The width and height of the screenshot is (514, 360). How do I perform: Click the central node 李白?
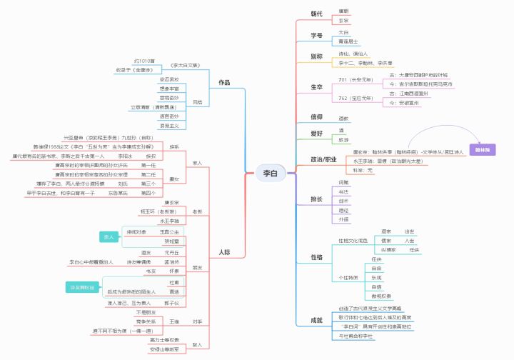click(x=270, y=172)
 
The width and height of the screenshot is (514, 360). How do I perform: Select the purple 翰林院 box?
click(x=483, y=149)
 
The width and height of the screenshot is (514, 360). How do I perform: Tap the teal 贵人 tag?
click(x=110, y=236)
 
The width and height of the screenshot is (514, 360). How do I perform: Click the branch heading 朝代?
click(x=316, y=14)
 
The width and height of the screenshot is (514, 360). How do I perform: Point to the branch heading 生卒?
click(x=316, y=86)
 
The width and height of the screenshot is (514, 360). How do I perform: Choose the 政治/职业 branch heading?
click(x=323, y=159)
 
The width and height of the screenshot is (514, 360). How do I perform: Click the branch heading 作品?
click(x=224, y=83)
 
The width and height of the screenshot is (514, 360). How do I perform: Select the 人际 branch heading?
click(x=224, y=251)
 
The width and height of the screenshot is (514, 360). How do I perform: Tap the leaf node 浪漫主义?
click(x=169, y=125)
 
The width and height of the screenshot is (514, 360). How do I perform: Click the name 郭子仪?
click(x=171, y=303)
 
